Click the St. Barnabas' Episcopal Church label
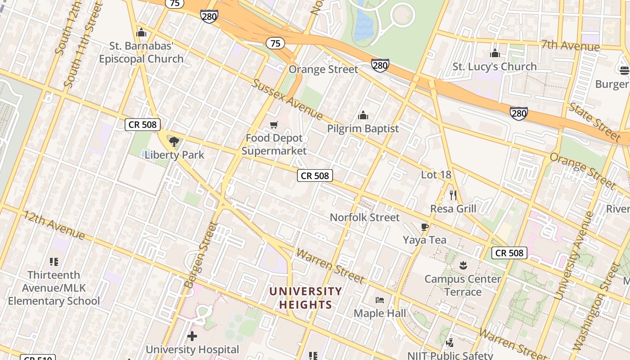pos(141,53)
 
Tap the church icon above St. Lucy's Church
pos(495,53)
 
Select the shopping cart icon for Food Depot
pos(274,125)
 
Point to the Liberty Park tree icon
pos(174,142)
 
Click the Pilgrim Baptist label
pos(363,129)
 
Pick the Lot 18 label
pos(436,175)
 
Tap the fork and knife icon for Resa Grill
pos(453,195)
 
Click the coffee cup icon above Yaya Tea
pos(424,227)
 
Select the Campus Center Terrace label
pos(463,285)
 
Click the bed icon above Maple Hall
pos(380,300)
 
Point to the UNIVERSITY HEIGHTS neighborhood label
pos(306,298)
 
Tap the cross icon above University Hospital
pos(192,336)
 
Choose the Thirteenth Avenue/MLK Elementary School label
pos(54,288)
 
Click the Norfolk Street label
pos(364,217)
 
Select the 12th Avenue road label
pos(54,225)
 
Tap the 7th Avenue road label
pos(570,45)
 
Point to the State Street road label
pos(594,121)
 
